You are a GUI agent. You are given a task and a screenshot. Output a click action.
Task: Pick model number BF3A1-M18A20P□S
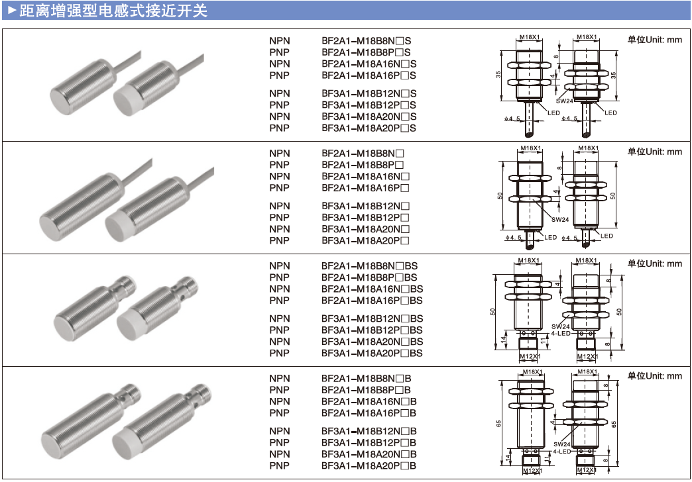pyautogui.click(x=369, y=128)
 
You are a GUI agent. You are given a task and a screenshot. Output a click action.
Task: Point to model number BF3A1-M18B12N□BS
pyautogui.click(x=372, y=318)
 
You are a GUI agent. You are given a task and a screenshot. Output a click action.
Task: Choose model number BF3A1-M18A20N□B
pyautogui.click(x=369, y=454)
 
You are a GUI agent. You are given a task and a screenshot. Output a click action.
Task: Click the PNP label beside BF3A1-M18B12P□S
pyautogui.click(x=280, y=105)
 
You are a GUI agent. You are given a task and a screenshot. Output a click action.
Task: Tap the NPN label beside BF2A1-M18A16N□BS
pyautogui.click(x=280, y=289)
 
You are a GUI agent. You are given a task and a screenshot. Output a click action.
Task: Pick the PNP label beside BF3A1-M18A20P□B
pyautogui.click(x=280, y=465)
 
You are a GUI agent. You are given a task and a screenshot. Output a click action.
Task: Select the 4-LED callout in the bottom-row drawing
pyautogui.click(x=561, y=452)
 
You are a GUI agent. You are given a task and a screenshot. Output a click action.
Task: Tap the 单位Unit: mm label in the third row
pyautogui.click(x=654, y=264)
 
